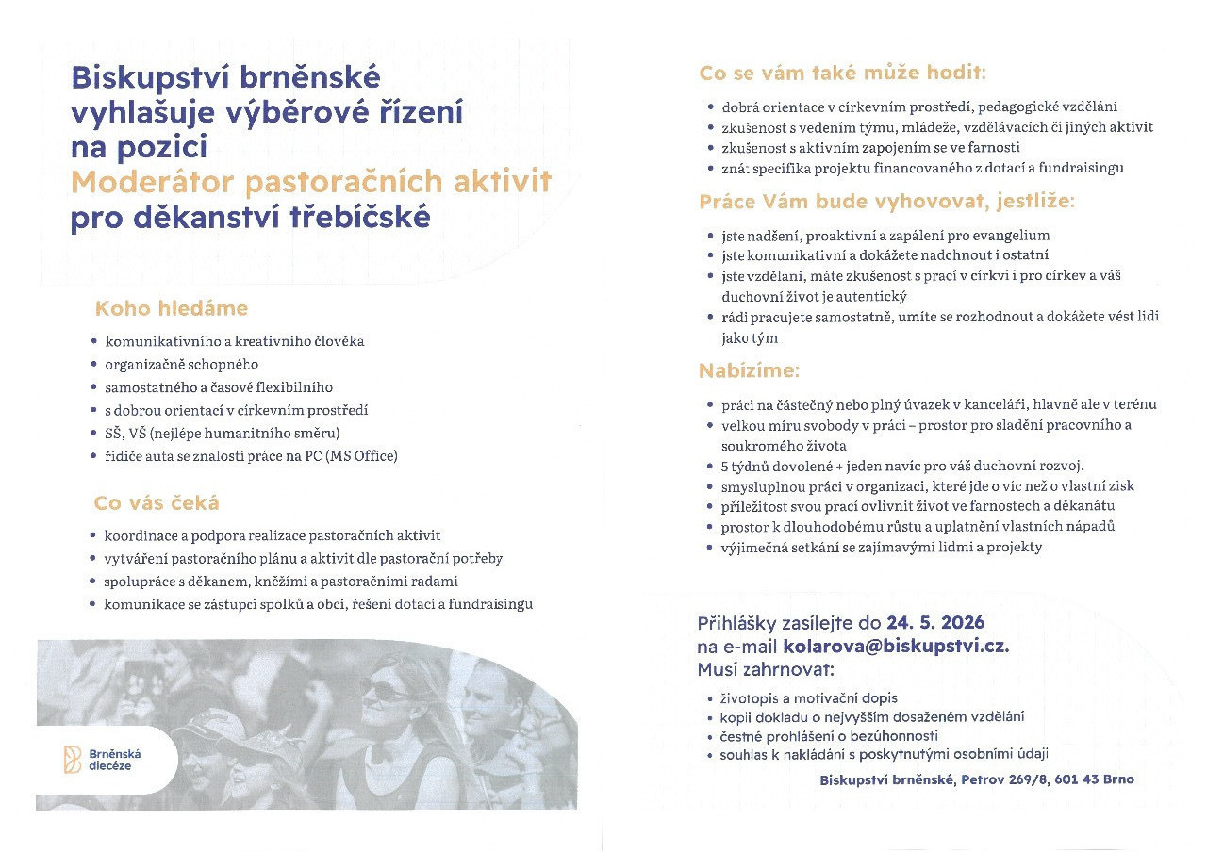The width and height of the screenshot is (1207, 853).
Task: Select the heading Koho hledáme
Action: point(171,308)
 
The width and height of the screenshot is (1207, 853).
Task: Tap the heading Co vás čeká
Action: point(157,503)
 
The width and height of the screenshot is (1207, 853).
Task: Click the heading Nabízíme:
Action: point(749,371)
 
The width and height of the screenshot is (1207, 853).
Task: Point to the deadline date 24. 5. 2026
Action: point(934,623)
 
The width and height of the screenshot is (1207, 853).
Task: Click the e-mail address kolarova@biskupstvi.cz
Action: point(895,647)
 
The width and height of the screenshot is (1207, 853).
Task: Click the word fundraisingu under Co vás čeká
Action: point(490,604)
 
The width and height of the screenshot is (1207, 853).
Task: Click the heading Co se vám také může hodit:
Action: point(842,73)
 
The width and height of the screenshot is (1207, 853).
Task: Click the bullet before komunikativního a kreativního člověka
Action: point(92,341)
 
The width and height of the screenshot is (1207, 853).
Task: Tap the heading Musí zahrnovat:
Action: point(766,669)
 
